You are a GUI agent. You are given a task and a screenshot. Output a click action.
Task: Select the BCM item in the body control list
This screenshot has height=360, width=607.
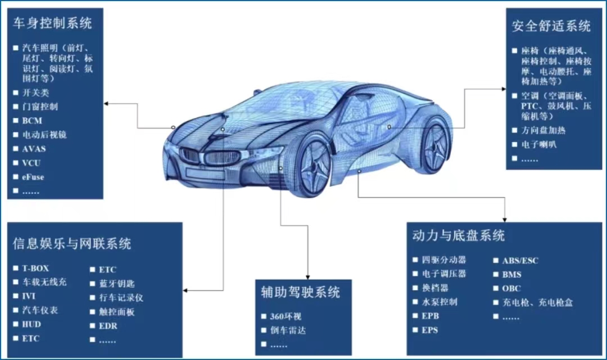click(32, 120)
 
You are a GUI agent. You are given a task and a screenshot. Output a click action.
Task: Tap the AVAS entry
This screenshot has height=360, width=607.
click(34, 149)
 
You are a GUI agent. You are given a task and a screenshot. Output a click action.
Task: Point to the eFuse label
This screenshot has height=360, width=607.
click(33, 177)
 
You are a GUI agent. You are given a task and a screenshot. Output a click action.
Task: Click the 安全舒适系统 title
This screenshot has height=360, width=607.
click(551, 26)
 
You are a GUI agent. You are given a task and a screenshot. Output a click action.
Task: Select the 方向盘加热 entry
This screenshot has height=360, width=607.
click(540, 130)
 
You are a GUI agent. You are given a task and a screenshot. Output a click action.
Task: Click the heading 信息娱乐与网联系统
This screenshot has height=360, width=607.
click(72, 243)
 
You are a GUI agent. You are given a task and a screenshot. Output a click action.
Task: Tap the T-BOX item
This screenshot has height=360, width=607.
click(35, 268)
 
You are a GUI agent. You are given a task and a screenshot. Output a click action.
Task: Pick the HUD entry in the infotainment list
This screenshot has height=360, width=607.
click(31, 324)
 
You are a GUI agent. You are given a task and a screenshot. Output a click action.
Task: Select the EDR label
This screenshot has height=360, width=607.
click(108, 326)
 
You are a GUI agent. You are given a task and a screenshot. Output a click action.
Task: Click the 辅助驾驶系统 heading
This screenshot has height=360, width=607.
click(301, 292)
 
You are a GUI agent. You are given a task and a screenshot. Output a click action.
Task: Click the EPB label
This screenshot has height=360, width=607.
click(430, 316)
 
